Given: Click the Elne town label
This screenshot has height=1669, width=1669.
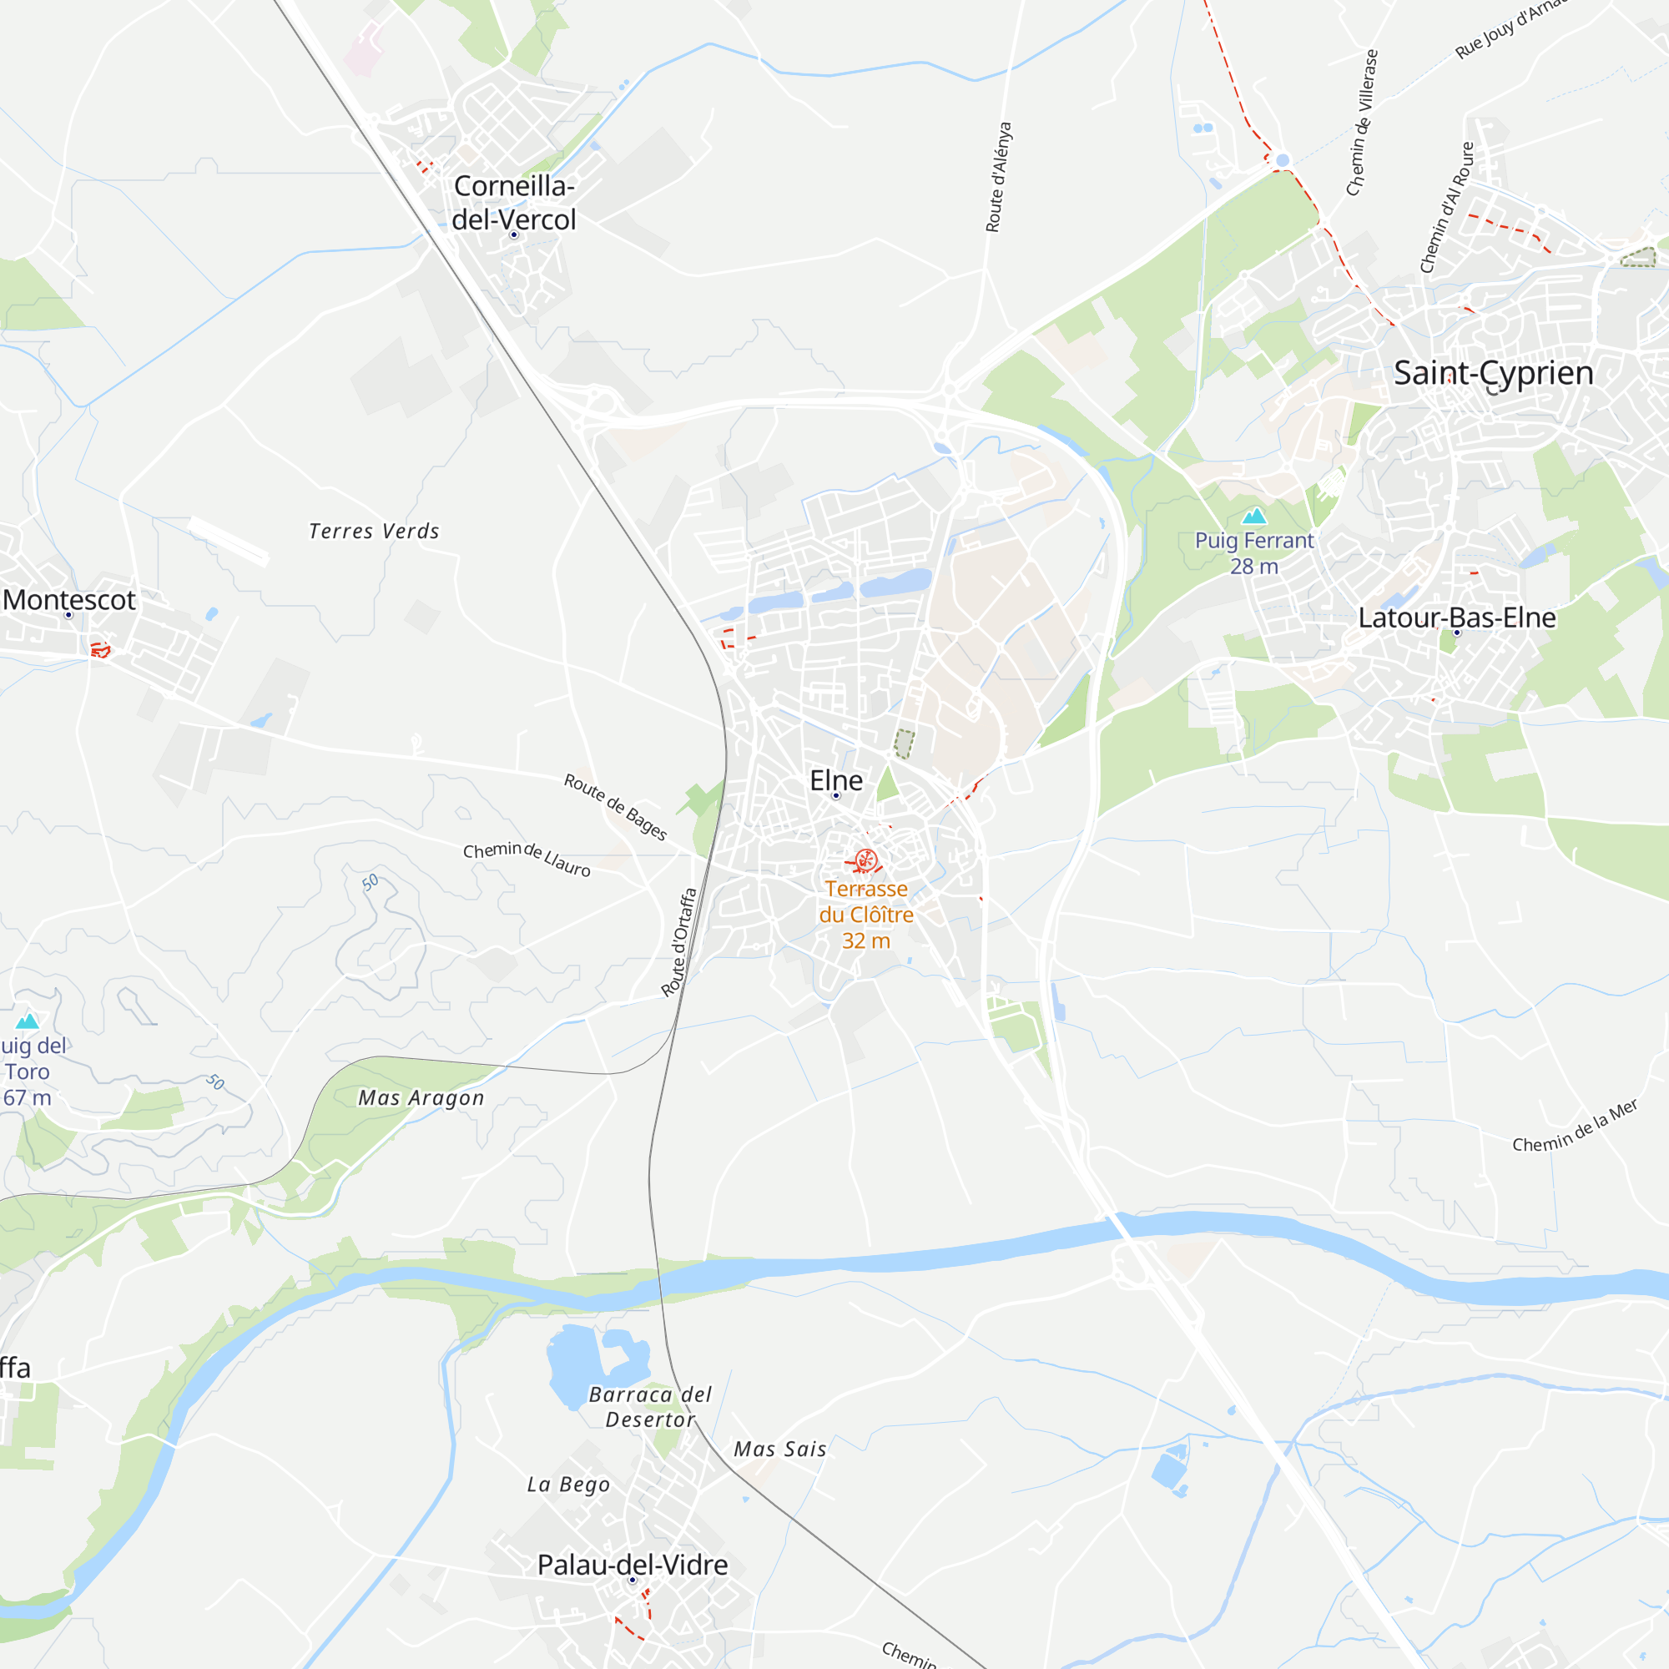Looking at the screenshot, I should pos(835,780).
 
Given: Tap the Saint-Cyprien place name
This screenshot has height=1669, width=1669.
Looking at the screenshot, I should pos(1493,373).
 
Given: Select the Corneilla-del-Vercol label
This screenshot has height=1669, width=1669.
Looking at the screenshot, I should pos(514,203).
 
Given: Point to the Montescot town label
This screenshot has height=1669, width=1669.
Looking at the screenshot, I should pos(69,599).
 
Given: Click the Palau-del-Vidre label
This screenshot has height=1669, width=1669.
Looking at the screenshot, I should pos(633,1565).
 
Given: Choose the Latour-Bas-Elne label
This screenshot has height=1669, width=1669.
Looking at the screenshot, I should pos(1456,618).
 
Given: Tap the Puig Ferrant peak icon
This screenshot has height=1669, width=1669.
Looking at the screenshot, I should pos(1254,517).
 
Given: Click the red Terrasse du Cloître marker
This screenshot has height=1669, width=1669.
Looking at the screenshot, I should pos(865,860).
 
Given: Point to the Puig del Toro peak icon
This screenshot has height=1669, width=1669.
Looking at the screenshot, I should pos(28,1021).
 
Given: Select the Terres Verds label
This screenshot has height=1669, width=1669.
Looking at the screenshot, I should pos(374,532).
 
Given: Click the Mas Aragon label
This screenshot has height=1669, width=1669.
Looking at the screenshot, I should pos(421,1097).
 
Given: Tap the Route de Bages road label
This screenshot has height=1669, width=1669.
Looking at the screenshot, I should pos(615,806).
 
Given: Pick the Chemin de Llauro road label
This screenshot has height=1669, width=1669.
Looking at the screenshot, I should pos(527,859).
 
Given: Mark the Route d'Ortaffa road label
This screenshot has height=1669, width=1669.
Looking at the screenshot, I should pos(679,942).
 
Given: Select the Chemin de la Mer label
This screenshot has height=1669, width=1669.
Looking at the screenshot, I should pos(1575,1127).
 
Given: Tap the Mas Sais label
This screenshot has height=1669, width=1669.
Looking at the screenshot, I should pos(779,1450).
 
